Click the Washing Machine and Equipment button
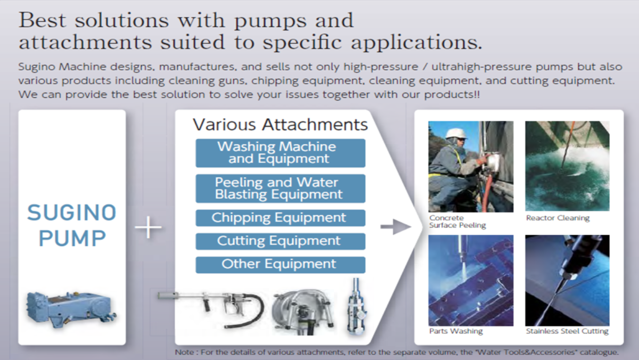point(281,153)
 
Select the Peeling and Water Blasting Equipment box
point(281,189)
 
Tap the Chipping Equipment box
point(281,218)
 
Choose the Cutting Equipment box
point(281,241)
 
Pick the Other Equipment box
point(281,265)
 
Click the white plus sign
point(148,227)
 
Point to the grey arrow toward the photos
point(396,227)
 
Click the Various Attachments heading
point(281,125)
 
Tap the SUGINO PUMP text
point(71,225)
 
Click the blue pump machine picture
point(71,310)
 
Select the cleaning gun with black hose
point(211,308)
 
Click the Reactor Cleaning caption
point(558,218)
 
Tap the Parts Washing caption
point(456,331)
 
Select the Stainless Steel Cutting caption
point(567,331)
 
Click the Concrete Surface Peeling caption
point(457,222)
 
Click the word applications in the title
point(416,43)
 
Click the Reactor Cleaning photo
point(568,166)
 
